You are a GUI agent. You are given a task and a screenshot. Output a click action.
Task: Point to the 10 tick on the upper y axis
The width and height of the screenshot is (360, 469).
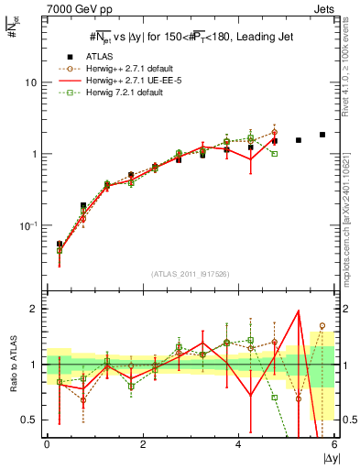30,82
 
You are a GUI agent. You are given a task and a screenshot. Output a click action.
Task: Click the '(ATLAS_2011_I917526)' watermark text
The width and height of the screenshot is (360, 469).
191,275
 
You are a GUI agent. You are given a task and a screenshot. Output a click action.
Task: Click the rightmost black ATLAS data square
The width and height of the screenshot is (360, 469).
322,135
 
